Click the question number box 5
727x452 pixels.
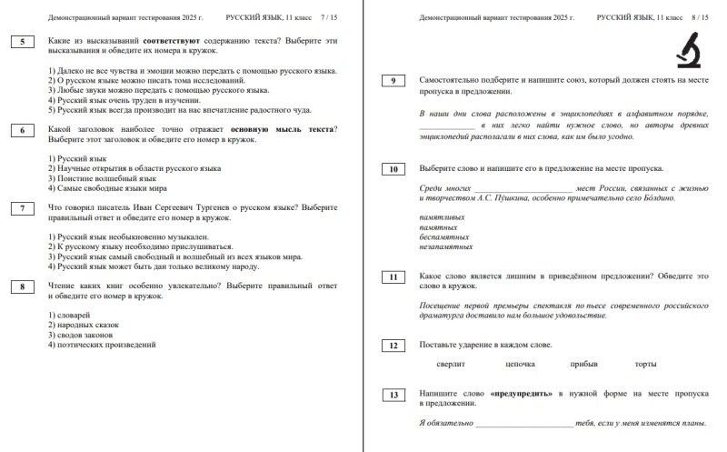[x=22, y=42]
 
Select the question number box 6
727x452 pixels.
[x=22, y=130]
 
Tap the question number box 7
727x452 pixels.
[x=22, y=208]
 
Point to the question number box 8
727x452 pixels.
[x=22, y=287]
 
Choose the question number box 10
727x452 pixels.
[x=393, y=169]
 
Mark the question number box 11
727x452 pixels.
[x=393, y=276]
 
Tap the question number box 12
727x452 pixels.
[x=393, y=346]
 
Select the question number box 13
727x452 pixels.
[x=393, y=395]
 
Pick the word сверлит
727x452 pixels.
[x=452, y=365]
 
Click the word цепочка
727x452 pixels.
[x=521, y=365]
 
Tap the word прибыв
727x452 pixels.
[x=584, y=365]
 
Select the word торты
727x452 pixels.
[x=646, y=365]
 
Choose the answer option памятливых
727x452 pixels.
[x=443, y=216]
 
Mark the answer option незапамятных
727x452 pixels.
[x=446, y=246]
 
